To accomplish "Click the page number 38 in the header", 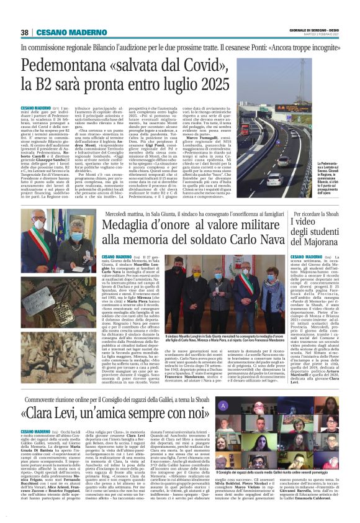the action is tap(25, 32).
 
